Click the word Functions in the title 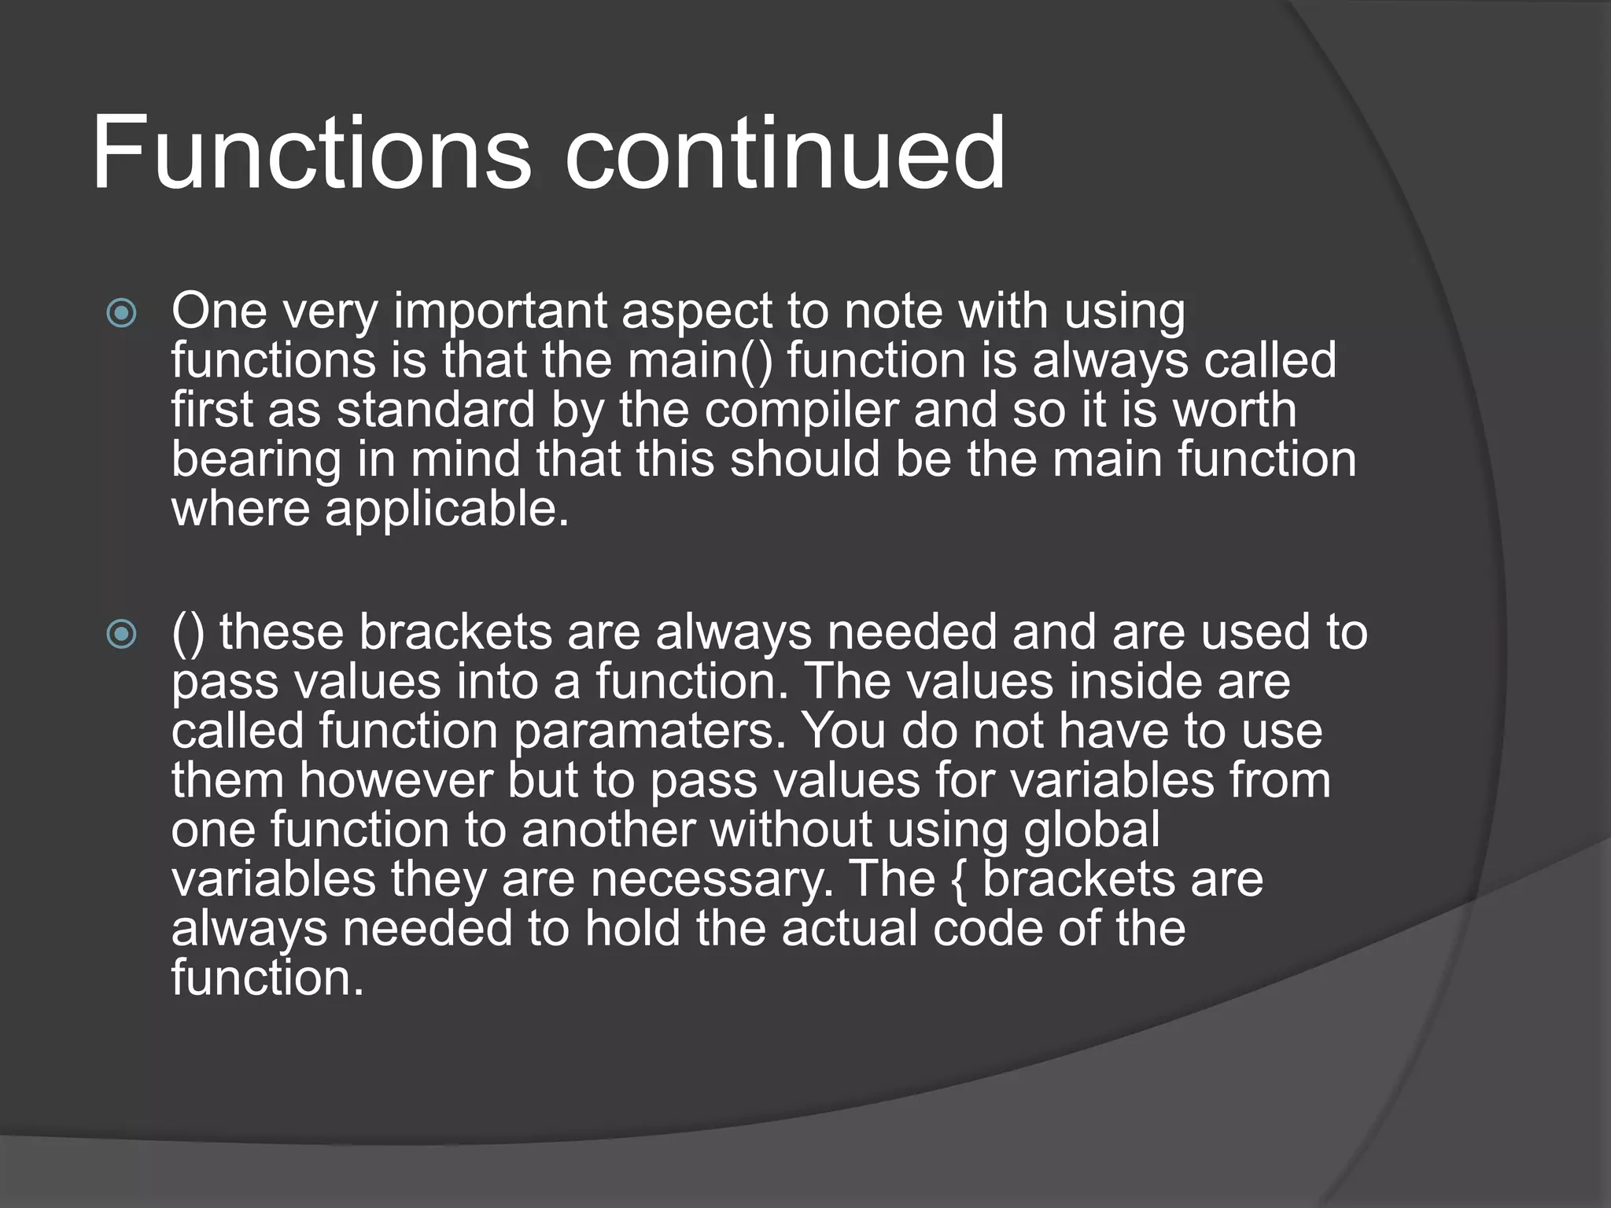(x=312, y=153)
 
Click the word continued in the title (x=784, y=153)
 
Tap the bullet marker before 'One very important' (x=121, y=314)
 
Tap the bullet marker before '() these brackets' (x=121, y=634)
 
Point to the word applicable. (x=446, y=510)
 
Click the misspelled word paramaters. (x=650, y=731)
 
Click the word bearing (x=256, y=461)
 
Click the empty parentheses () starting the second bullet (x=187, y=634)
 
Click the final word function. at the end (x=267, y=978)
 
